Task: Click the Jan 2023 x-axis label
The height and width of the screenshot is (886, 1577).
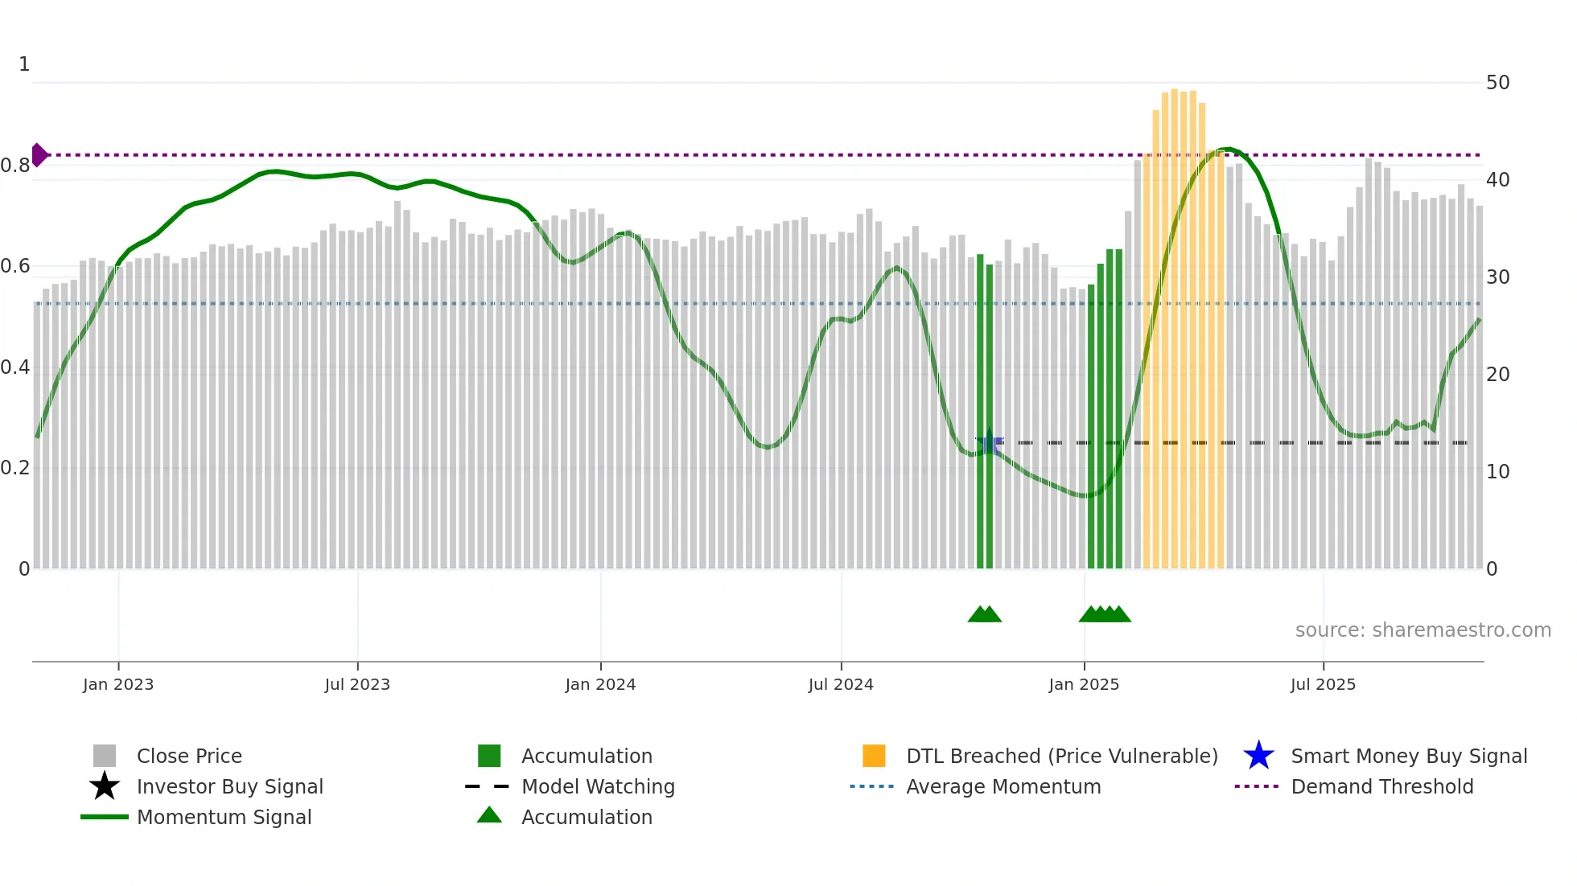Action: click(x=117, y=684)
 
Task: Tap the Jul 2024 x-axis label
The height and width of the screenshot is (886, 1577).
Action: click(x=841, y=684)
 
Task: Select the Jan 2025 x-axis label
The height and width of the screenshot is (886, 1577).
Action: click(x=1084, y=684)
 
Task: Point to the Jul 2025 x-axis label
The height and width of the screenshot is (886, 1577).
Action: click(x=1323, y=684)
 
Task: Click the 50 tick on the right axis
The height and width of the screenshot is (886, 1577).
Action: click(x=1497, y=83)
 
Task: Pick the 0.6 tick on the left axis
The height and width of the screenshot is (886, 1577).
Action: click(x=15, y=266)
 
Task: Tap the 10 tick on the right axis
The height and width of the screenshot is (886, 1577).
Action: click(x=1497, y=472)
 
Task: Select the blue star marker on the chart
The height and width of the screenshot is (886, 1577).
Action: click(x=989, y=443)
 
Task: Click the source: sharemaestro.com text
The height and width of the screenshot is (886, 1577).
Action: click(x=1423, y=630)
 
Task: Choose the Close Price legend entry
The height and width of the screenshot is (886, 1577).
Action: click(x=189, y=756)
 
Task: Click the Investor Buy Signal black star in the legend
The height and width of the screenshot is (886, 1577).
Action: click(x=105, y=786)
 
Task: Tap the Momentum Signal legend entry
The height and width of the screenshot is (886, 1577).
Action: click(x=224, y=817)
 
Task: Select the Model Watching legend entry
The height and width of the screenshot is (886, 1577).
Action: click(x=598, y=786)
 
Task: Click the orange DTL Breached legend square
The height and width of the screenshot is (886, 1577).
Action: click(x=874, y=756)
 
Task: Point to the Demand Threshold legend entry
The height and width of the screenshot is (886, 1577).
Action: click(x=1381, y=786)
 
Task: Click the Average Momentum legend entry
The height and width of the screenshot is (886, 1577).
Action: click(x=1003, y=786)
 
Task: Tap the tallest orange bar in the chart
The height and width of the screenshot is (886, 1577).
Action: click(x=1175, y=322)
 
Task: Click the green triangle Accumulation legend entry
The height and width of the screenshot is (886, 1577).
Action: click(x=489, y=816)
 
